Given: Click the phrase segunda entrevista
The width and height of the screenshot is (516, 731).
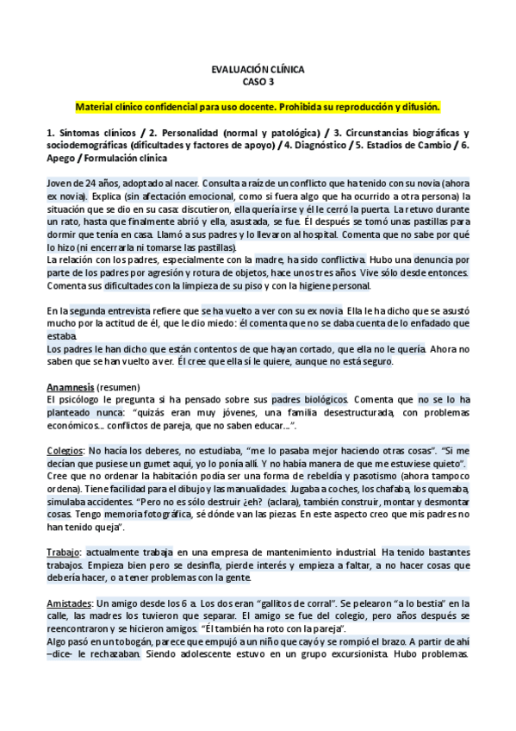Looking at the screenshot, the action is click(106, 311).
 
